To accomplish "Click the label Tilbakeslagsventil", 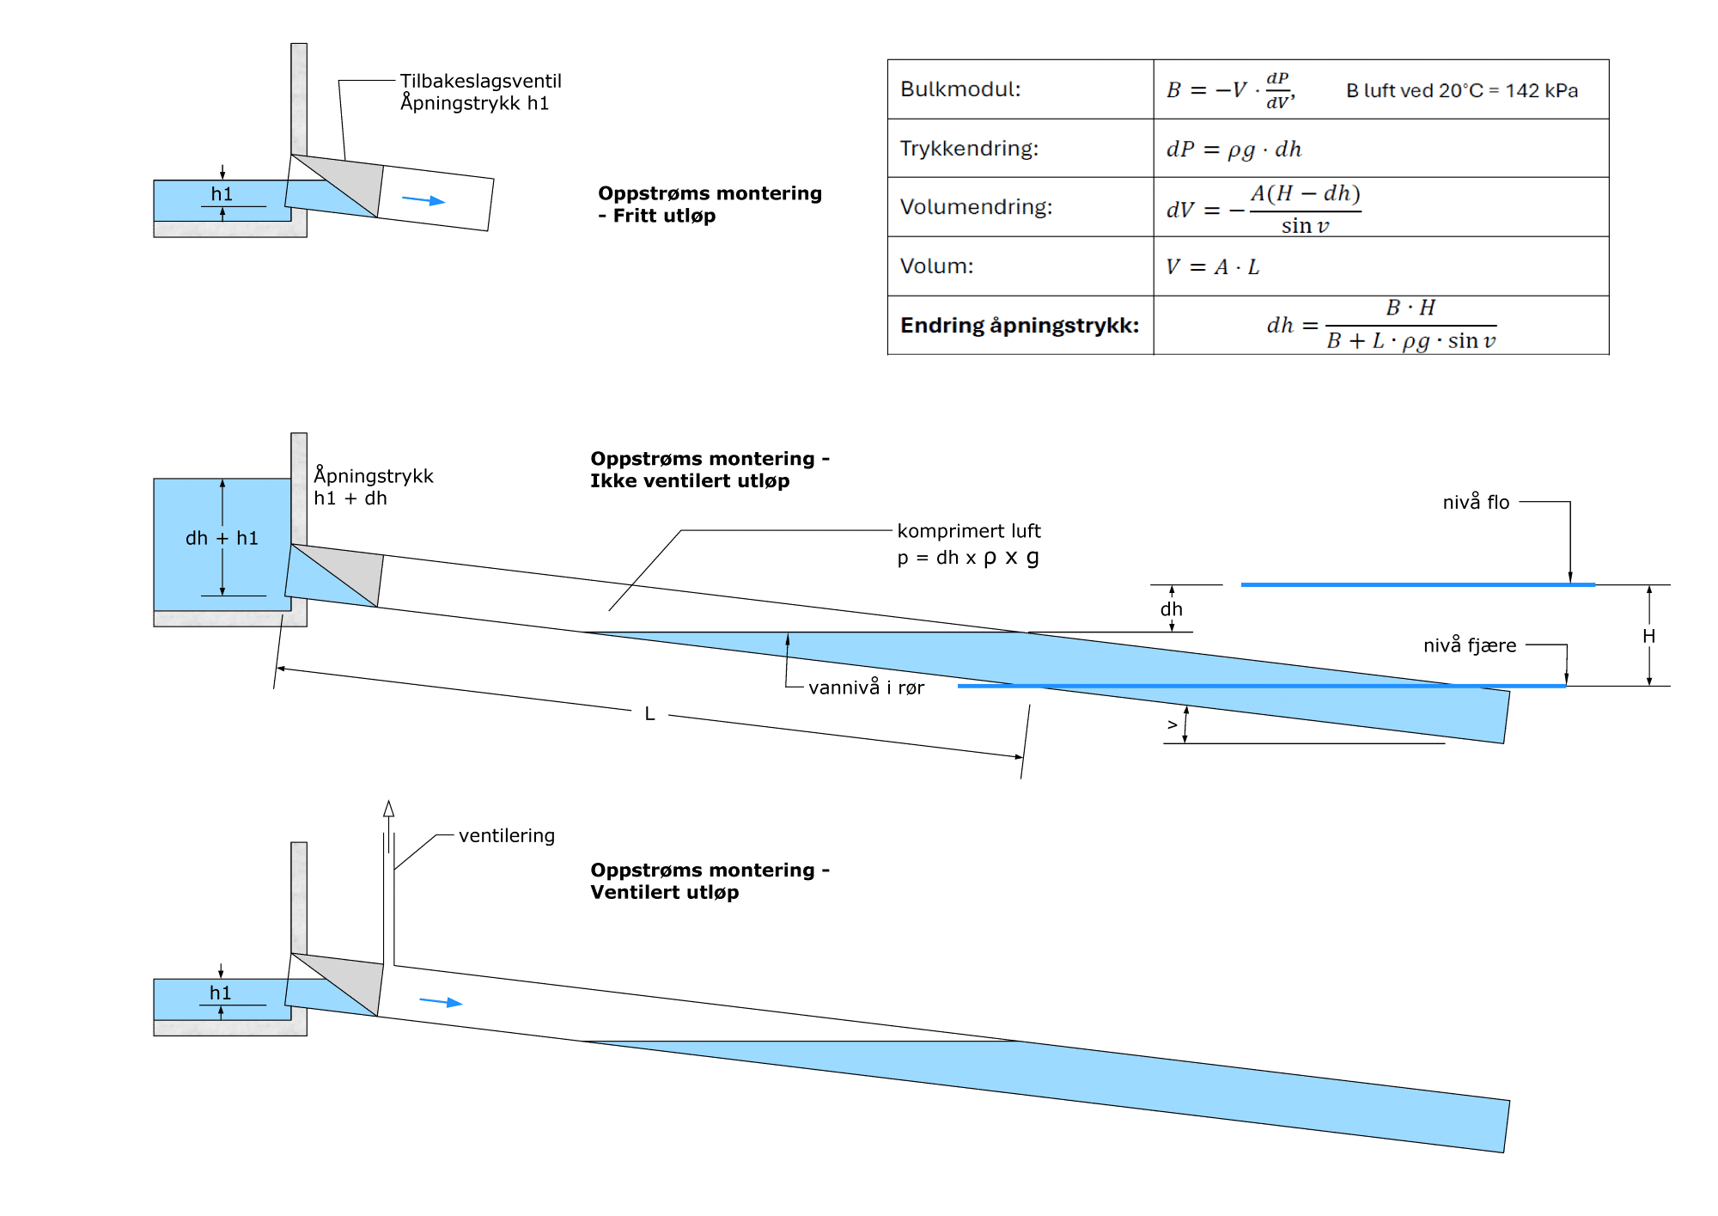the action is pyautogui.click(x=480, y=81).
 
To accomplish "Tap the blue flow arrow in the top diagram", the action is pyautogui.click(x=423, y=200).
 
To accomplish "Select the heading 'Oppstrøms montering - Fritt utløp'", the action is pyautogui.click(x=710, y=205).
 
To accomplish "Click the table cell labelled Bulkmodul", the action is pyautogui.click(x=960, y=89).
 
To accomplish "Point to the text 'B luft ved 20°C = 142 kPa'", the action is pyautogui.click(x=1462, y=90).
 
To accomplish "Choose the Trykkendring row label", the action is pyautogui.click(x=969, y=149).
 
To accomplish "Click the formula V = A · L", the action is pyautogui.click(x=1212, y=267).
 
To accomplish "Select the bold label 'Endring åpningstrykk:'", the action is pyautogui.click(x=1020, y=326).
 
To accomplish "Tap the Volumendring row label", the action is pyautogui.click(x=976, y=207).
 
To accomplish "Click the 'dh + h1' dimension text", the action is pyautogui.click(x=222, y=538).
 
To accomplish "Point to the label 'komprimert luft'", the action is pyautogui.click(x=969, y=531).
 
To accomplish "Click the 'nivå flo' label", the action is pyautogui.click(x=1476, y=502).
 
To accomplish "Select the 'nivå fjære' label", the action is pyautogui.click(x=1470, y=645).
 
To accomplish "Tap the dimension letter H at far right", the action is pyautogui.click(x=1648, y=636).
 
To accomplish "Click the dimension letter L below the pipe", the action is pyautogui.click(x=649, y=713).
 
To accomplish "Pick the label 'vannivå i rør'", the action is pyautogui.click(x=866, y=687).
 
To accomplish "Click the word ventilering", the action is pyautogui.click(x=507, y=836).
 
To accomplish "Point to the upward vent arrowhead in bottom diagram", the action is pyautogui.click(x=388, y=809).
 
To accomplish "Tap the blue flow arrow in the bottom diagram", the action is pyautogui.click(x=441, y=1002).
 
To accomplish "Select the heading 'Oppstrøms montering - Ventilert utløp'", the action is pyautogui.click(x=710, y=881).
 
